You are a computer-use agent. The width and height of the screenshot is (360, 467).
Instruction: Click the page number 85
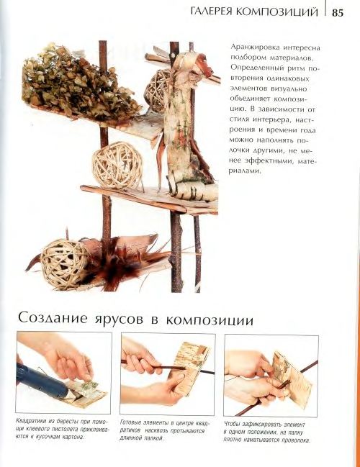point(337,13)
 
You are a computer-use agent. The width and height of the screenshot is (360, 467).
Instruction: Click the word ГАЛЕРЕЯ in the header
point(211,12)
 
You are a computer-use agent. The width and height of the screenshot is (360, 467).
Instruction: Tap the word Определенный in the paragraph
point(257,68)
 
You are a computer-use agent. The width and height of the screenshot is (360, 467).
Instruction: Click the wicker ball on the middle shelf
point(117,166)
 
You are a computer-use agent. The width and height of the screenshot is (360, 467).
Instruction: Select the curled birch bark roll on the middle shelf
point(191,190)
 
